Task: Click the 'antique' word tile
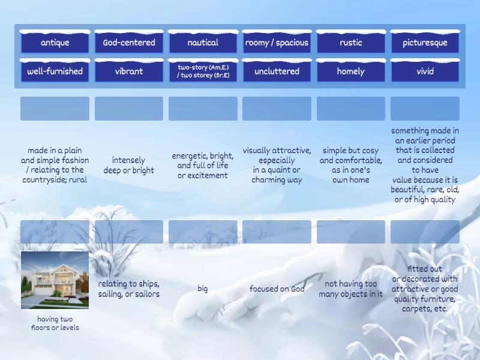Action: [x=55, y=43]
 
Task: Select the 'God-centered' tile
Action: [x=129, y=43]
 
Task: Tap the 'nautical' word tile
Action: [x=203, y=43]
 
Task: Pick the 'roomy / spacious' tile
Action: [x=277, y=43]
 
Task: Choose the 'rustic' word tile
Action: [x=351, y=43]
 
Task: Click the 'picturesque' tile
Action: [x=425, y=43]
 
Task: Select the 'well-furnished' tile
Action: [x=55, y=71]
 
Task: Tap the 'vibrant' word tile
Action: [x=129, y=71]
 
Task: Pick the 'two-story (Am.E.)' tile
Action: [x=203, y=71]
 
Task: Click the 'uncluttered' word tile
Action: [x=277, y=71]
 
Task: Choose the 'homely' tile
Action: [x=351, y=71]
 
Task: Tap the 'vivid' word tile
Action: [x=425, y=71]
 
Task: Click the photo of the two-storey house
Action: [x=55, y=280]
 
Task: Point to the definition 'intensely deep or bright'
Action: [x=128, y=165]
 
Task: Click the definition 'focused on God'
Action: [x=277, y=289]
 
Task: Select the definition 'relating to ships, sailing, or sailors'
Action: [x=128, y=289]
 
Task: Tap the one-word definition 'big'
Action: [x=203, y=289]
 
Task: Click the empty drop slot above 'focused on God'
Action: [x=277, y=232]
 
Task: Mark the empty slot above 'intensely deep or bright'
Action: [x=128, y=109]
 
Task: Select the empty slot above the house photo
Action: [x=55, y=232]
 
